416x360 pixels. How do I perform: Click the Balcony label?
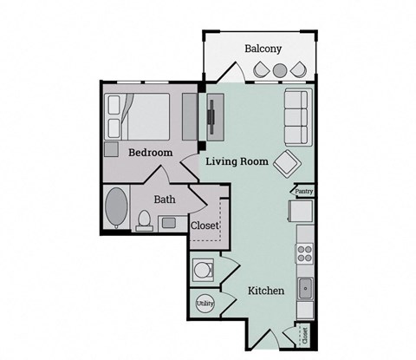pos(263,49)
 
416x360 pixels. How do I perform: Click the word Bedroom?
pos(150,153)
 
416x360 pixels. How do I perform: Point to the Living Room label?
pos(236,160)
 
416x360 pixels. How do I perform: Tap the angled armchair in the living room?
pos(286,162)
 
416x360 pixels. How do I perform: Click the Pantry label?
pos(303,191)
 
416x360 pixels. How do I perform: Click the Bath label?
pos(165,200)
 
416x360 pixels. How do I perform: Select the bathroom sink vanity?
pos(167,224)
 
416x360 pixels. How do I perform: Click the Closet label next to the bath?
pos(205,226)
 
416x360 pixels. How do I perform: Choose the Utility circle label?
pos(205,304)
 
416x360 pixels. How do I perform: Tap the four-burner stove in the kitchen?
pos(304,252)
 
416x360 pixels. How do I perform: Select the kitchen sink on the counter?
pos(304,286)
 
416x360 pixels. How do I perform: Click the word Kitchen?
pos(266,291)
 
